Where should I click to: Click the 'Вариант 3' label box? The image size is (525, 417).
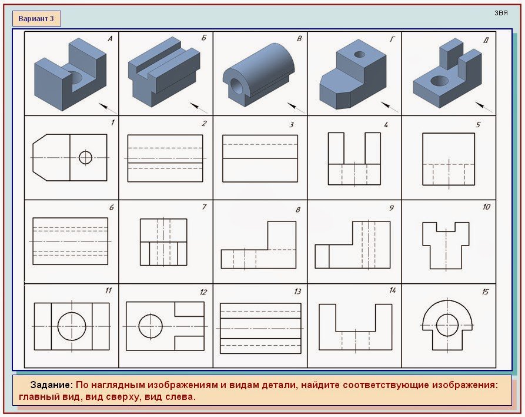point(36,18)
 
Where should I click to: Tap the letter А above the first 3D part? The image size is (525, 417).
point(110,39)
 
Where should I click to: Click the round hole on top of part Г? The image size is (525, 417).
point(360,54)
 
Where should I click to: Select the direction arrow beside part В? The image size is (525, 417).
point(296,108)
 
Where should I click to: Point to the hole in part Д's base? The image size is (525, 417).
point(439,81)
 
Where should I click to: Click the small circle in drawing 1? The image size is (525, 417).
point(85,157)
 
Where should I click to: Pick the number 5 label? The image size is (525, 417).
point(478,125)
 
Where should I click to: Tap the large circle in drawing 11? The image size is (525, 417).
point(72,326)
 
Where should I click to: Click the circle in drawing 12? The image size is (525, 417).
point(151,326)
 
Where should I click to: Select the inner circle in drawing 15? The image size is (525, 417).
point(447,325)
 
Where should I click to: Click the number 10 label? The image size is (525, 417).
point(486,207)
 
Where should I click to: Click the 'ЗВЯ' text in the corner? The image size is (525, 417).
point(501,13)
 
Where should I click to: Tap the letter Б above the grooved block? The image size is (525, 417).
point(204,38)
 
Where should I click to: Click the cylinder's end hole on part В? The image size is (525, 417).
point(238,86)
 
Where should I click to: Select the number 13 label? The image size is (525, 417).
point(297,292)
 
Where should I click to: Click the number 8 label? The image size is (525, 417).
point(297,210)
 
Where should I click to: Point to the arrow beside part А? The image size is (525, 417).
point(108,108)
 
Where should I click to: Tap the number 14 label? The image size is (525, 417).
point(392,290)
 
